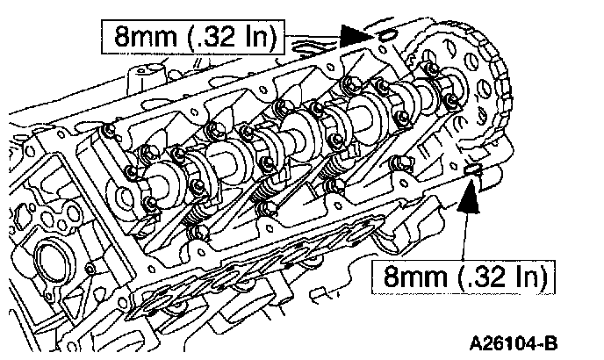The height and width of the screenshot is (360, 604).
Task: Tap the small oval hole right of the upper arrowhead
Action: pos(385,37)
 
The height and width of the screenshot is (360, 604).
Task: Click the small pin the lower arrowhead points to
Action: pos(474,169)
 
